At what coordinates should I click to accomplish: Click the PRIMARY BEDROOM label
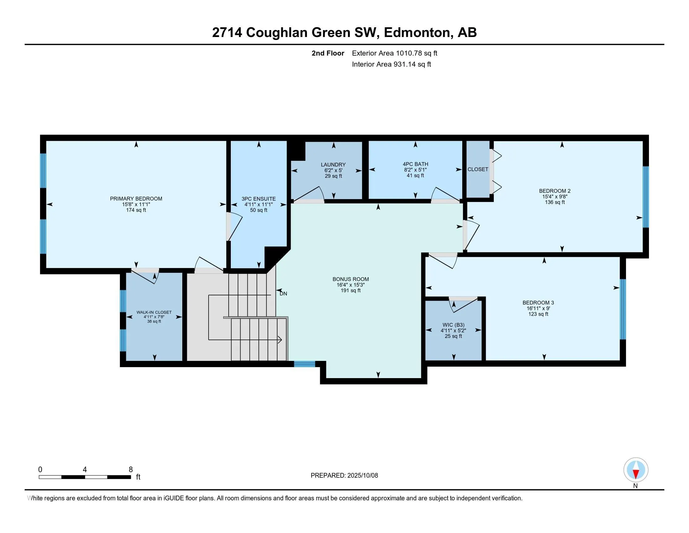136,198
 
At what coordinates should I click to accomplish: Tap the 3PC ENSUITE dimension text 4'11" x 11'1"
258,205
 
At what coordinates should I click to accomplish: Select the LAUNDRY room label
333,165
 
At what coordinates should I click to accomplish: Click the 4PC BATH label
415,164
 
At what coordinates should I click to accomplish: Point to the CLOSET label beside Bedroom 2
478,169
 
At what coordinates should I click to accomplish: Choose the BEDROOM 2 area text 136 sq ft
555,202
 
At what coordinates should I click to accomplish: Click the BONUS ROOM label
350,279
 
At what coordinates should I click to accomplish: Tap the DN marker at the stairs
283,294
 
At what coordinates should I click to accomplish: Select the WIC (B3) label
453,325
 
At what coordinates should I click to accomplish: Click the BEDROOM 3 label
538,303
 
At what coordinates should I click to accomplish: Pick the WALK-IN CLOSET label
154,312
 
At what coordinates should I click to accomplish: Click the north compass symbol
636,470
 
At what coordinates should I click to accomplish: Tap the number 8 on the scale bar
131,470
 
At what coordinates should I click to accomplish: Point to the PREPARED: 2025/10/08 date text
344,476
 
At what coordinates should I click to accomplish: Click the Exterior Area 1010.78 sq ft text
394,53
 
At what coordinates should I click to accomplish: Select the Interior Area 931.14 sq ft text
391,64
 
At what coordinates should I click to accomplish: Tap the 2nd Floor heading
328,53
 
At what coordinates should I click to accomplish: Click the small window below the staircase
304,364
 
